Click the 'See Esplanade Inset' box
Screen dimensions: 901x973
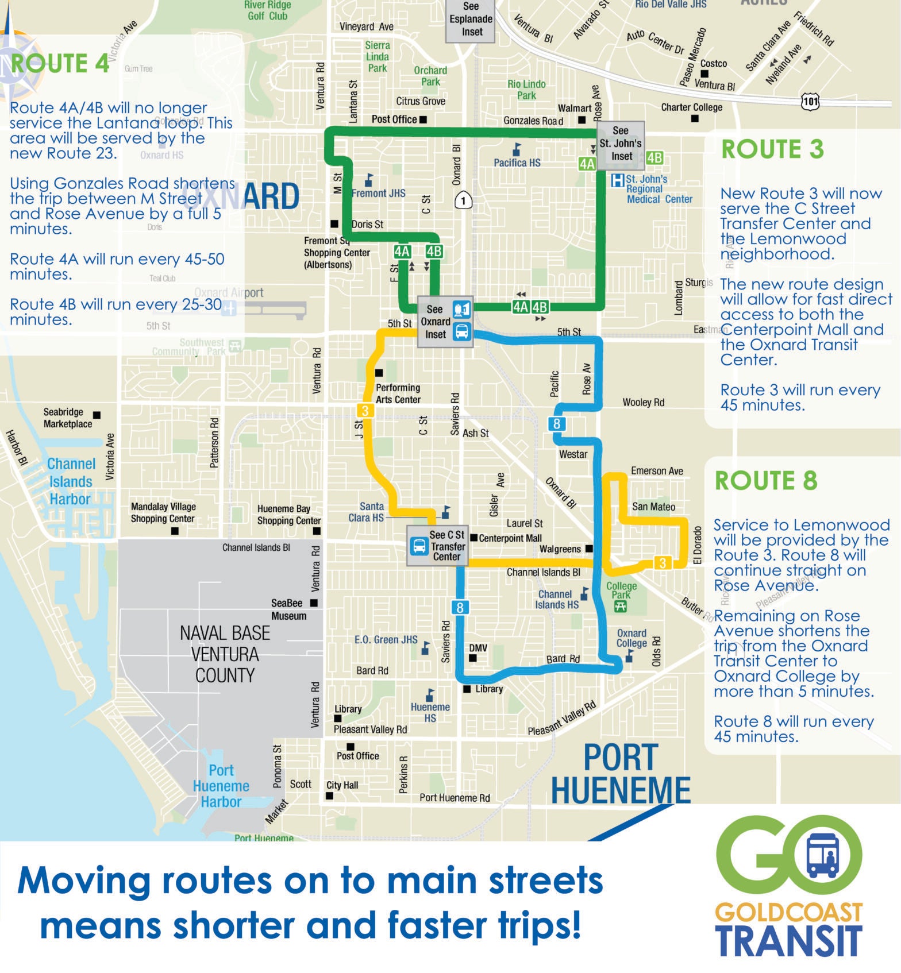coord(471,20)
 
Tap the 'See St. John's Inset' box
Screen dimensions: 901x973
coord(620,144)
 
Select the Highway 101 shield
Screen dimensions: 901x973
coord(810,102)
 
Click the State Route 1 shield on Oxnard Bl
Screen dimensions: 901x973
coord(463,200)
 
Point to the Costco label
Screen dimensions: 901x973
coord(714,64)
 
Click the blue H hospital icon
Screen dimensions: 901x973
coord(617,180)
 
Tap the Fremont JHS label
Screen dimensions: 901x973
coord(378,194)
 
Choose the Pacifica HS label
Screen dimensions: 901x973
coord(517,163)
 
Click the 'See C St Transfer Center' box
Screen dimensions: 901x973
coord(437,546)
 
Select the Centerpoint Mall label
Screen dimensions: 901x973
coord(510,538)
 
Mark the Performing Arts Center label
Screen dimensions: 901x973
coord(398,393)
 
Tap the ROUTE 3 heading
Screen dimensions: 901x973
coord(772,149)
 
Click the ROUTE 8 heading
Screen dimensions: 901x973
coord(765,481)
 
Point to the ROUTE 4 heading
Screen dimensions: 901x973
coord(60,63)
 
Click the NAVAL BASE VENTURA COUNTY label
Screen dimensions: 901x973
coord(225,654)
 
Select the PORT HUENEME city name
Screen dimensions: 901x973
coord(621,774)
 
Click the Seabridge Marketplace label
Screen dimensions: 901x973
coord(68,418)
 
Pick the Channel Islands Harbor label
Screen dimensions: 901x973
coord(71,481)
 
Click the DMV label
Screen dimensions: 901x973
coord(478,648)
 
